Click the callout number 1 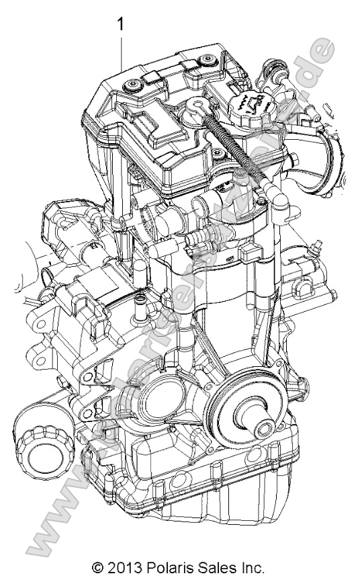tap(121, 25)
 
